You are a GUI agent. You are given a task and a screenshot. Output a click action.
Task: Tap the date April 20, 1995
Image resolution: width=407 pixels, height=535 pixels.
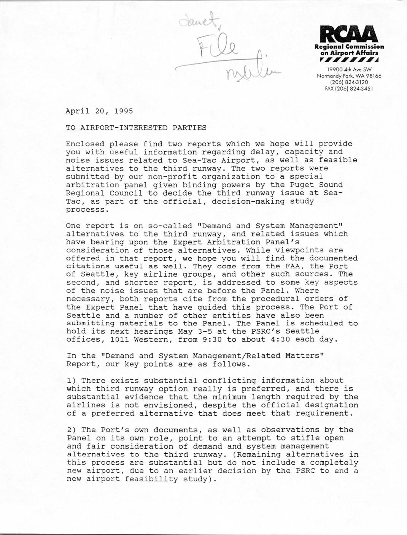tap(99, 111)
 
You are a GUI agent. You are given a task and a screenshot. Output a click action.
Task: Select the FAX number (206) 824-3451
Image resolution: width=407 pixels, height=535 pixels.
tap(349, 89)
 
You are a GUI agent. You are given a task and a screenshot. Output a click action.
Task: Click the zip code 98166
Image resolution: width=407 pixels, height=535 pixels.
tap(372, 76)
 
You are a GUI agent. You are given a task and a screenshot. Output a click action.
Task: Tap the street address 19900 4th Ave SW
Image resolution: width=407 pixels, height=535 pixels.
tap(349, 70)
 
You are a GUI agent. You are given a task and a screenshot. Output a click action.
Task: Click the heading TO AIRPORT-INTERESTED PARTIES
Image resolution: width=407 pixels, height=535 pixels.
tap(136, 128)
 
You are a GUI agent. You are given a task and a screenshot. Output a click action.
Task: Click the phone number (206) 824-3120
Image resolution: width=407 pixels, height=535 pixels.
tap(349, 82)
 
